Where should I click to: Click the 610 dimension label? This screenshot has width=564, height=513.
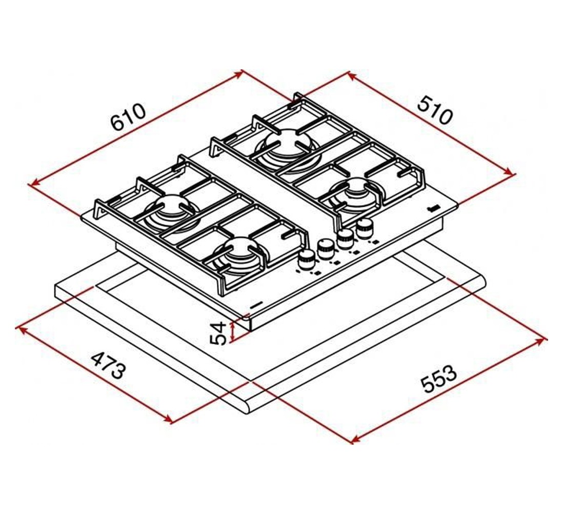click(x=128, y=117)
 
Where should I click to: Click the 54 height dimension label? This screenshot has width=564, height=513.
click(x=218, y=333)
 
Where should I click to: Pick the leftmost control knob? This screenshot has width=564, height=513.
click(x=306, y=259)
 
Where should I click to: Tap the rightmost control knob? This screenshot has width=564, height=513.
click(x=366, y=228)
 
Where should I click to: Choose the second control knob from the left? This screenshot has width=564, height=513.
click(x=326, y=248)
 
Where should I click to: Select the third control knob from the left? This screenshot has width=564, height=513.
click(x=345, y=238)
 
